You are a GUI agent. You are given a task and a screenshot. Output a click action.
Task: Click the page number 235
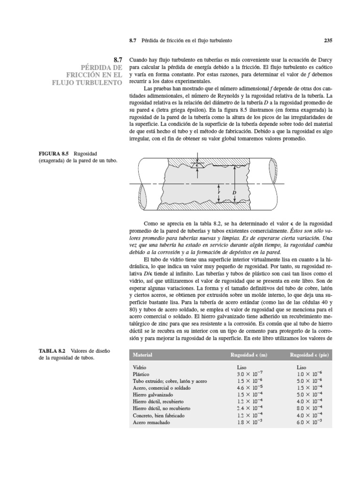[328, 40]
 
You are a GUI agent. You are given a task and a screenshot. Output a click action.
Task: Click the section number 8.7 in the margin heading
[118, 60]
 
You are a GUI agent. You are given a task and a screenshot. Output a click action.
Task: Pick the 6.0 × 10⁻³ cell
[309, 422]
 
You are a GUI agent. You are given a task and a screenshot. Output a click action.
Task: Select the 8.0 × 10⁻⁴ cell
[309, 409]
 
